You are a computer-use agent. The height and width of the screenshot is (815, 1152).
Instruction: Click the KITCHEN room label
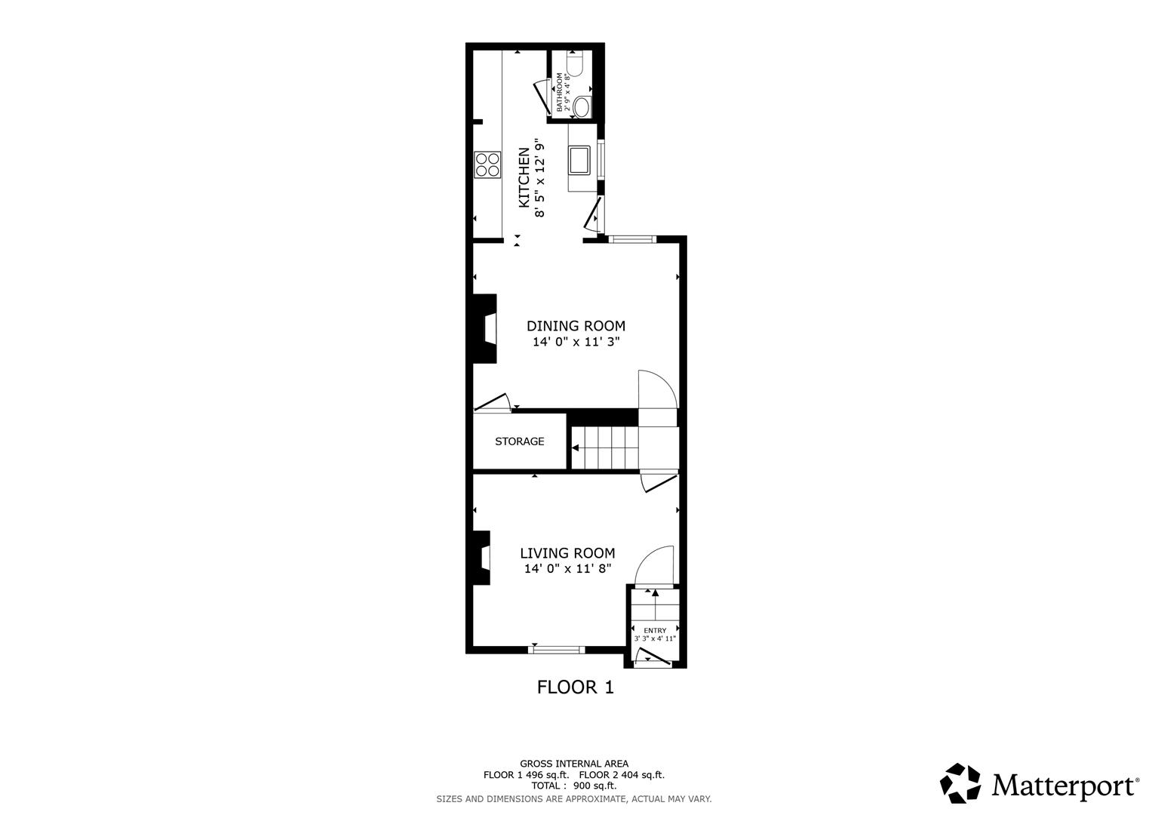click(x=523, y=177)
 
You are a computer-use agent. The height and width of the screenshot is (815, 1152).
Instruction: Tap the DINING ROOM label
click(x=576, y=326)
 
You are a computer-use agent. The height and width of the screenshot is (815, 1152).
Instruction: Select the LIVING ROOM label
click(x=567, y=553)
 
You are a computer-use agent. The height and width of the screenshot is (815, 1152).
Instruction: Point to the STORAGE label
click(x=519, y=441)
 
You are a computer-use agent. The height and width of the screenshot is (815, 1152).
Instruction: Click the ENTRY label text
click(x=655, y=630)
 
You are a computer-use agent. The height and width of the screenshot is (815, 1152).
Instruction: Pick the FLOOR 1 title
click(x=575, y=687)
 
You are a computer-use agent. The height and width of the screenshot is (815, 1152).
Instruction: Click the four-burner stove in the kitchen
click(x=487, y=165)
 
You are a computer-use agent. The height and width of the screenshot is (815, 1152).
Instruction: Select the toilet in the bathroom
click(x=582, y=107)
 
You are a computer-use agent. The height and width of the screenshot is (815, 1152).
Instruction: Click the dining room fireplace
click(x=485, y=329)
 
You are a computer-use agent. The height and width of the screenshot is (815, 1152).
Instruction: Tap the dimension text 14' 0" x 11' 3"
click(x=576, y=342)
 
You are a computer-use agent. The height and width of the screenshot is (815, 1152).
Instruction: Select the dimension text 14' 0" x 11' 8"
click(x=567, y=569)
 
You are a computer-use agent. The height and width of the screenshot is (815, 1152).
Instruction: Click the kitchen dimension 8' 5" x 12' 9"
click(x=539, y=177)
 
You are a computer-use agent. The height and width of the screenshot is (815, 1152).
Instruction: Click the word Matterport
click(x=1064, y=786)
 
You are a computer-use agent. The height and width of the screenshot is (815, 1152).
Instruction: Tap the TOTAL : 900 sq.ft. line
click(x=573, y=786)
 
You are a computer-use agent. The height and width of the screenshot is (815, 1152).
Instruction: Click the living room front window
click(x=557, y=649)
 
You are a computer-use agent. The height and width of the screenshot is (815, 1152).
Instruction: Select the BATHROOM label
click(x=559, y=92)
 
